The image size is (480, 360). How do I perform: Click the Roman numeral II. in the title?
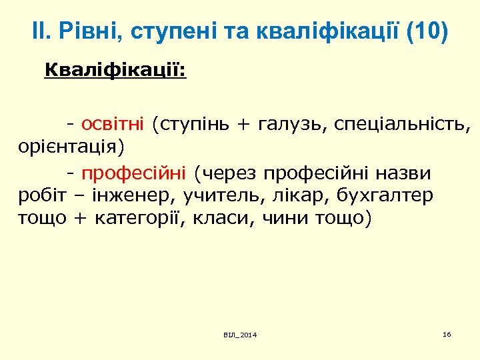41,30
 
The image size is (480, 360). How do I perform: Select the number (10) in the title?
427,30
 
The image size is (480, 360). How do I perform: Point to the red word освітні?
113,123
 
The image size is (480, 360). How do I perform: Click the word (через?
227,174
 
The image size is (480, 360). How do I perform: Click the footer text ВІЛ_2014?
240,334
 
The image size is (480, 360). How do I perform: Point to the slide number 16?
447,333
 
